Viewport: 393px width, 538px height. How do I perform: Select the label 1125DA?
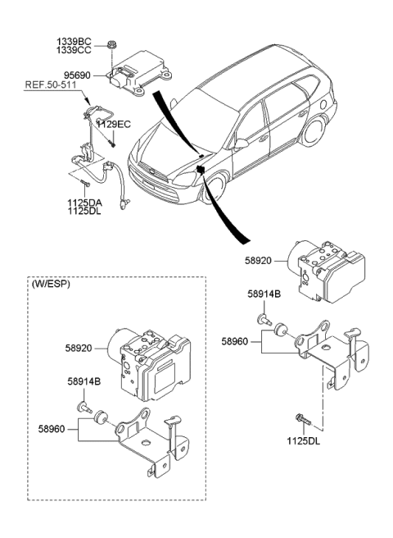click(x=85, y=202)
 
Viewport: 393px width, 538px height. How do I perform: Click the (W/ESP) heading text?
click(x=52, y=285)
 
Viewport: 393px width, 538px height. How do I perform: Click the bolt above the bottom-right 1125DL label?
click(x=300, y=421)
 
